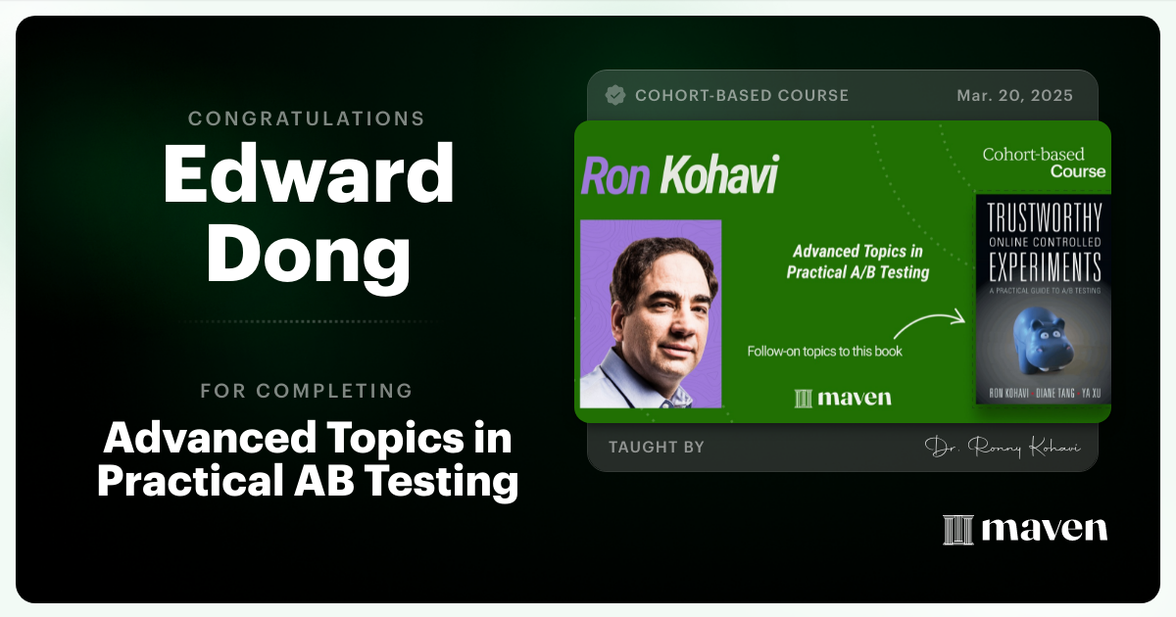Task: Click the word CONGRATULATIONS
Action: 306,119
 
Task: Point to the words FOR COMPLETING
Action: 306,391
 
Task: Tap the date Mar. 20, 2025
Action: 1014,95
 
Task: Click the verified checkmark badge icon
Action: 615,95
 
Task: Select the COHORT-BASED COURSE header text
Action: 742,95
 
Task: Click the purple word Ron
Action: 615,177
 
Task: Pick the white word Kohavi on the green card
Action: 719,177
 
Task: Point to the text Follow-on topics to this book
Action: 824,351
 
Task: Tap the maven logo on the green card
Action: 844,398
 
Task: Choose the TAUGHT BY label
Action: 656,447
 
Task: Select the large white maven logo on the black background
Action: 1025,529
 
